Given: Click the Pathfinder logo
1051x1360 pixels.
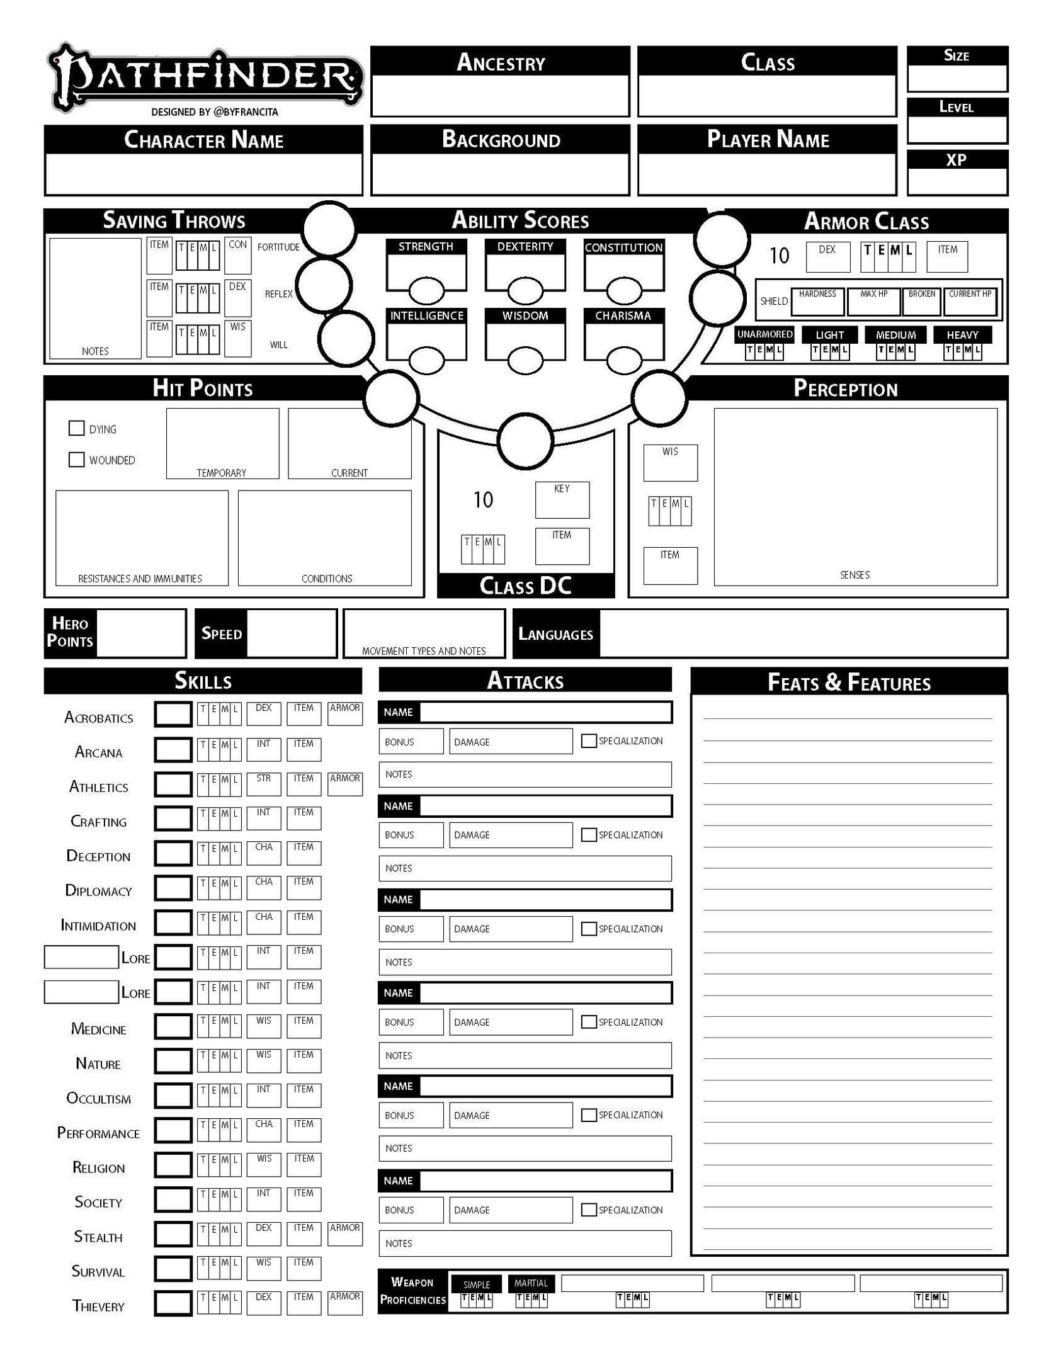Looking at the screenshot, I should (x=205, y=77).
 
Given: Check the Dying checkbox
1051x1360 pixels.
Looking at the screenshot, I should (x=76, y=429).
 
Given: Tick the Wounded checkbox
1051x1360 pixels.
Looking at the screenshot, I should (x=76, y=460).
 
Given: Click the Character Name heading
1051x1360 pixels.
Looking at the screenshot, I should (x=203, y=140).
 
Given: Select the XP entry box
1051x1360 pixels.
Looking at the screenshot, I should (x=957, y=182).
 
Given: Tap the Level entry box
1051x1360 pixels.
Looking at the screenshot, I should (x=957, y=130).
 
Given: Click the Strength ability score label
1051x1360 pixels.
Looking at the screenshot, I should (x=426, y=247).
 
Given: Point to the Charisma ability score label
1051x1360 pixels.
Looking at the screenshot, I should (x=623, y=316).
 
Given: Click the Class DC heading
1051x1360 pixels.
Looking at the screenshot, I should (x=525, y=586).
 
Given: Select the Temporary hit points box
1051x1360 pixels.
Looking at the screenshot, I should (x=222, y=441).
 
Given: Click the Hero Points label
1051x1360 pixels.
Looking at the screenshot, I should (x=70, y=633).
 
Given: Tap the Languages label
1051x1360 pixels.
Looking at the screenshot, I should (x=555, y=634).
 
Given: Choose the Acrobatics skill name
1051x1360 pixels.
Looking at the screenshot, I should (x=99, y=718).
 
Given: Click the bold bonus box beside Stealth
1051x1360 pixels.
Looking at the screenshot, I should (x=173, y=1235).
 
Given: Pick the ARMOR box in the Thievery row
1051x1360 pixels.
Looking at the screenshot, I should (x=345, y=1303).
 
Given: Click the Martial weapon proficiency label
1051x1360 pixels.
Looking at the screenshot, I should (x=531, y=1283).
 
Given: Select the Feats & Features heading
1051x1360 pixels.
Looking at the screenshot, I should (x=849, y=683).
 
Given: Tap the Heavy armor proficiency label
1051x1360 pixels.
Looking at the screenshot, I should (x=962, y=335).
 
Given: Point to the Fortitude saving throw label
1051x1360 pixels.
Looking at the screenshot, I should (x=278, y=247).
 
